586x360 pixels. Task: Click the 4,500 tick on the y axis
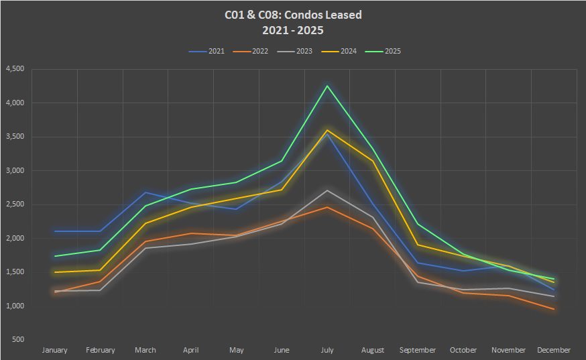15,69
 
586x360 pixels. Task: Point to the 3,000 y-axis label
15,171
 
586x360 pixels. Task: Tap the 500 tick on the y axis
17,340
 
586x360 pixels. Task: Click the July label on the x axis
327,350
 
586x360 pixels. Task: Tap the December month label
554,350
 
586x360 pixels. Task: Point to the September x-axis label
418,350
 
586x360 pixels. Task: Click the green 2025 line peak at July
327,86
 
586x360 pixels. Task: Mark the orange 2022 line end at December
554,309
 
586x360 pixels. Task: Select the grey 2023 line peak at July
327,190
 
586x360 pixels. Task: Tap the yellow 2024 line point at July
327,130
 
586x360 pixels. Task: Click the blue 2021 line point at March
145,192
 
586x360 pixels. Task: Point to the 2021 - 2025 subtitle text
293,29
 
